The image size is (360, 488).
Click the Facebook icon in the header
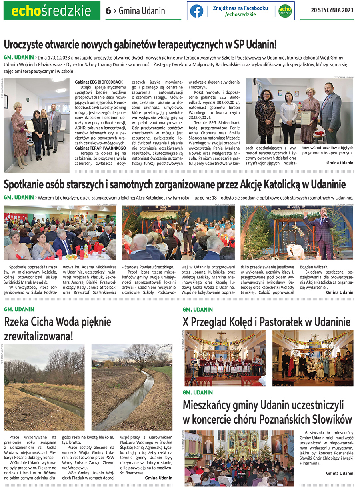(x=196, y=11)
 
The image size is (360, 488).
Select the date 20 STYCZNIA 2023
(x=332, y=11)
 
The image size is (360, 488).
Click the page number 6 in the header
(x=108, y=11)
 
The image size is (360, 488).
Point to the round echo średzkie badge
(x=285, y=11)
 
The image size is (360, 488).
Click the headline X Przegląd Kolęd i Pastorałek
(x=266, y=322)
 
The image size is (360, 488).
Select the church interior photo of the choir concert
(x=239, y=458)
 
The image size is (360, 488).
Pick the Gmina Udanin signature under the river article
(x=158, y=478)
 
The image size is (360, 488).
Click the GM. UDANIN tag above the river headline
(x=19, y=309)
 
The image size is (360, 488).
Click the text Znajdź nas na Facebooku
(x=240, y=8)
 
